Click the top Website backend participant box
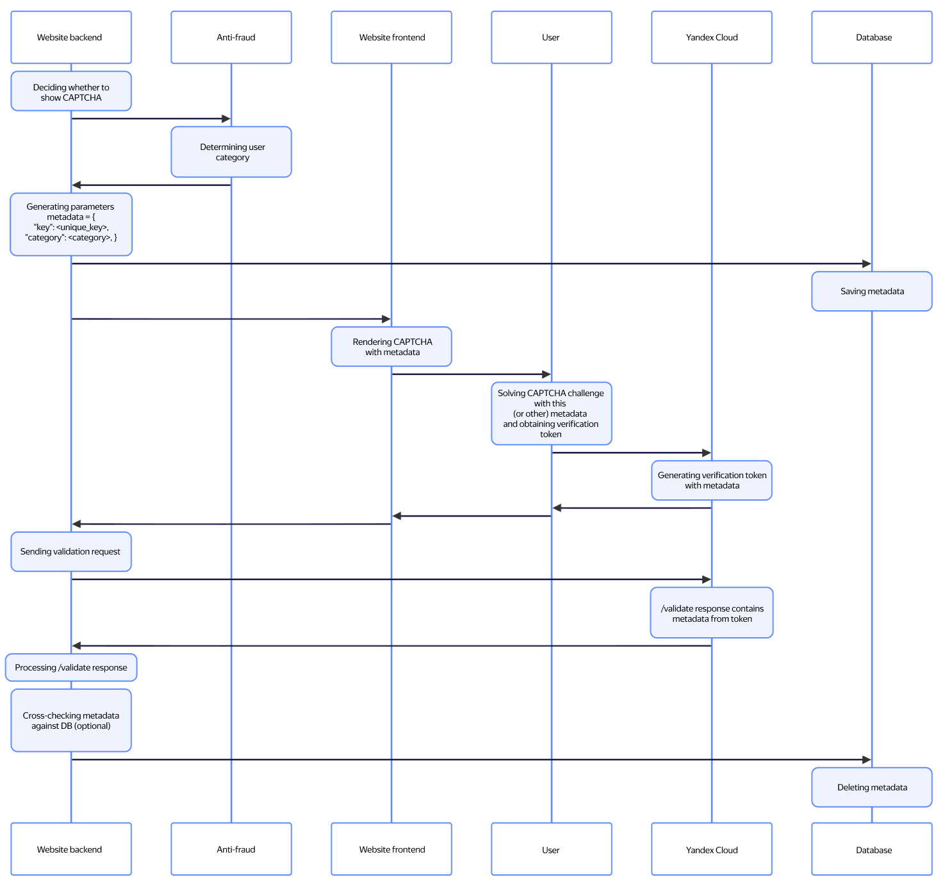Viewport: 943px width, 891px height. (x=71, y=37)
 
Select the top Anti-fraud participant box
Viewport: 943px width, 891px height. (x=231, y=37)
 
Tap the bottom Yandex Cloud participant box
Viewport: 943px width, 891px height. (x=712, y=849)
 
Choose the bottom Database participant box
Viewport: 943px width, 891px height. (x=872, y=849)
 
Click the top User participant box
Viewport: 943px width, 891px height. (x=552, y=37)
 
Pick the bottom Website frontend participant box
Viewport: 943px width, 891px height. (x=391, y=849)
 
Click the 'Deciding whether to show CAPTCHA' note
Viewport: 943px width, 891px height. (x=71, y=92)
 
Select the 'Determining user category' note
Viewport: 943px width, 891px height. (x=231, y=152)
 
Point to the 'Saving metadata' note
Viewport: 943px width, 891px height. (x=872, y=291)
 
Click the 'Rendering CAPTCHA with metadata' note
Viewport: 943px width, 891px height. (x=391, y=347)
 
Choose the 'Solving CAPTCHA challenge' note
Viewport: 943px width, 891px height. (x=552, y=413)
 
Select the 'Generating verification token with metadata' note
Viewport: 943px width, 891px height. (x=712, y=480)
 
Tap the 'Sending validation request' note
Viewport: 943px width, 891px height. (x=71, y=551)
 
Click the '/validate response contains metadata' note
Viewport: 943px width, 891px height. (x=712, y=613)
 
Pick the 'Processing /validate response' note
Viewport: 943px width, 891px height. (x=71, y=667)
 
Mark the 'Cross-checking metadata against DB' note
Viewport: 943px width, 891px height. (x=71, y=720)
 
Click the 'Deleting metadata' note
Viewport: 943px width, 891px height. (x=872, y=787)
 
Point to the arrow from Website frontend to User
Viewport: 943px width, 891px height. (x=471, y=374)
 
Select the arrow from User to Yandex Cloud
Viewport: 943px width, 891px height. (x=632, y=453)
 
